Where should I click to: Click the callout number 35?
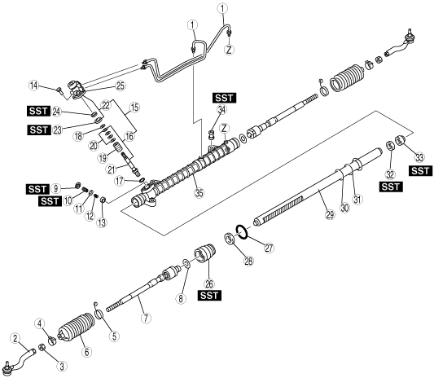point(199,193)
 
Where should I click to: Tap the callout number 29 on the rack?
point(330,214)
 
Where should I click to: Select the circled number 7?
point(146,318)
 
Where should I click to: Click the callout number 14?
point(34,86)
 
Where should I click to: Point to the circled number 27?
point(269,248)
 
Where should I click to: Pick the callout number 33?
point(419,157)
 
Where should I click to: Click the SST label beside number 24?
point(38,112)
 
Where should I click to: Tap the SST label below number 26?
point(209,296)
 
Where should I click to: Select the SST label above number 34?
point(225,98)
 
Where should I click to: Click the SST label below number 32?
point(391,187)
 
